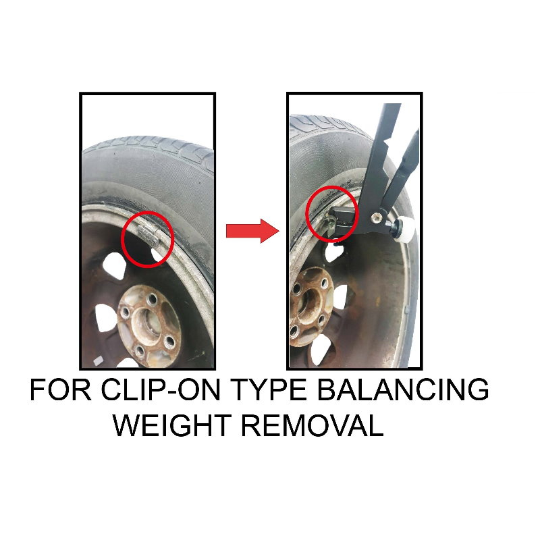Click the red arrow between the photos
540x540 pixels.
pyautogui.click(x=252, y=231)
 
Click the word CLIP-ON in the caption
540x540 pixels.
pyautogui.click(x=161, y=389)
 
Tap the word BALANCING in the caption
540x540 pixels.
pyautogui.click(x=402, y=389)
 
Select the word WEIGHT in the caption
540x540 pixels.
pyautogui.click(x=172, y=425)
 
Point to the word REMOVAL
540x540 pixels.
pyautogui.click(x=313, y=425)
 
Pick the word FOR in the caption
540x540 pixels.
pyautogui.click(x=61, y=389)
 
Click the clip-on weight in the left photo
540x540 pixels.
pyautogui.click(x=148, y=234)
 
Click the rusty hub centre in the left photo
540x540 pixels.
pyautogui.click(x=148, y=325)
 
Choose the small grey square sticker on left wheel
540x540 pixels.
pyautogui.click(x=98, y=360)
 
